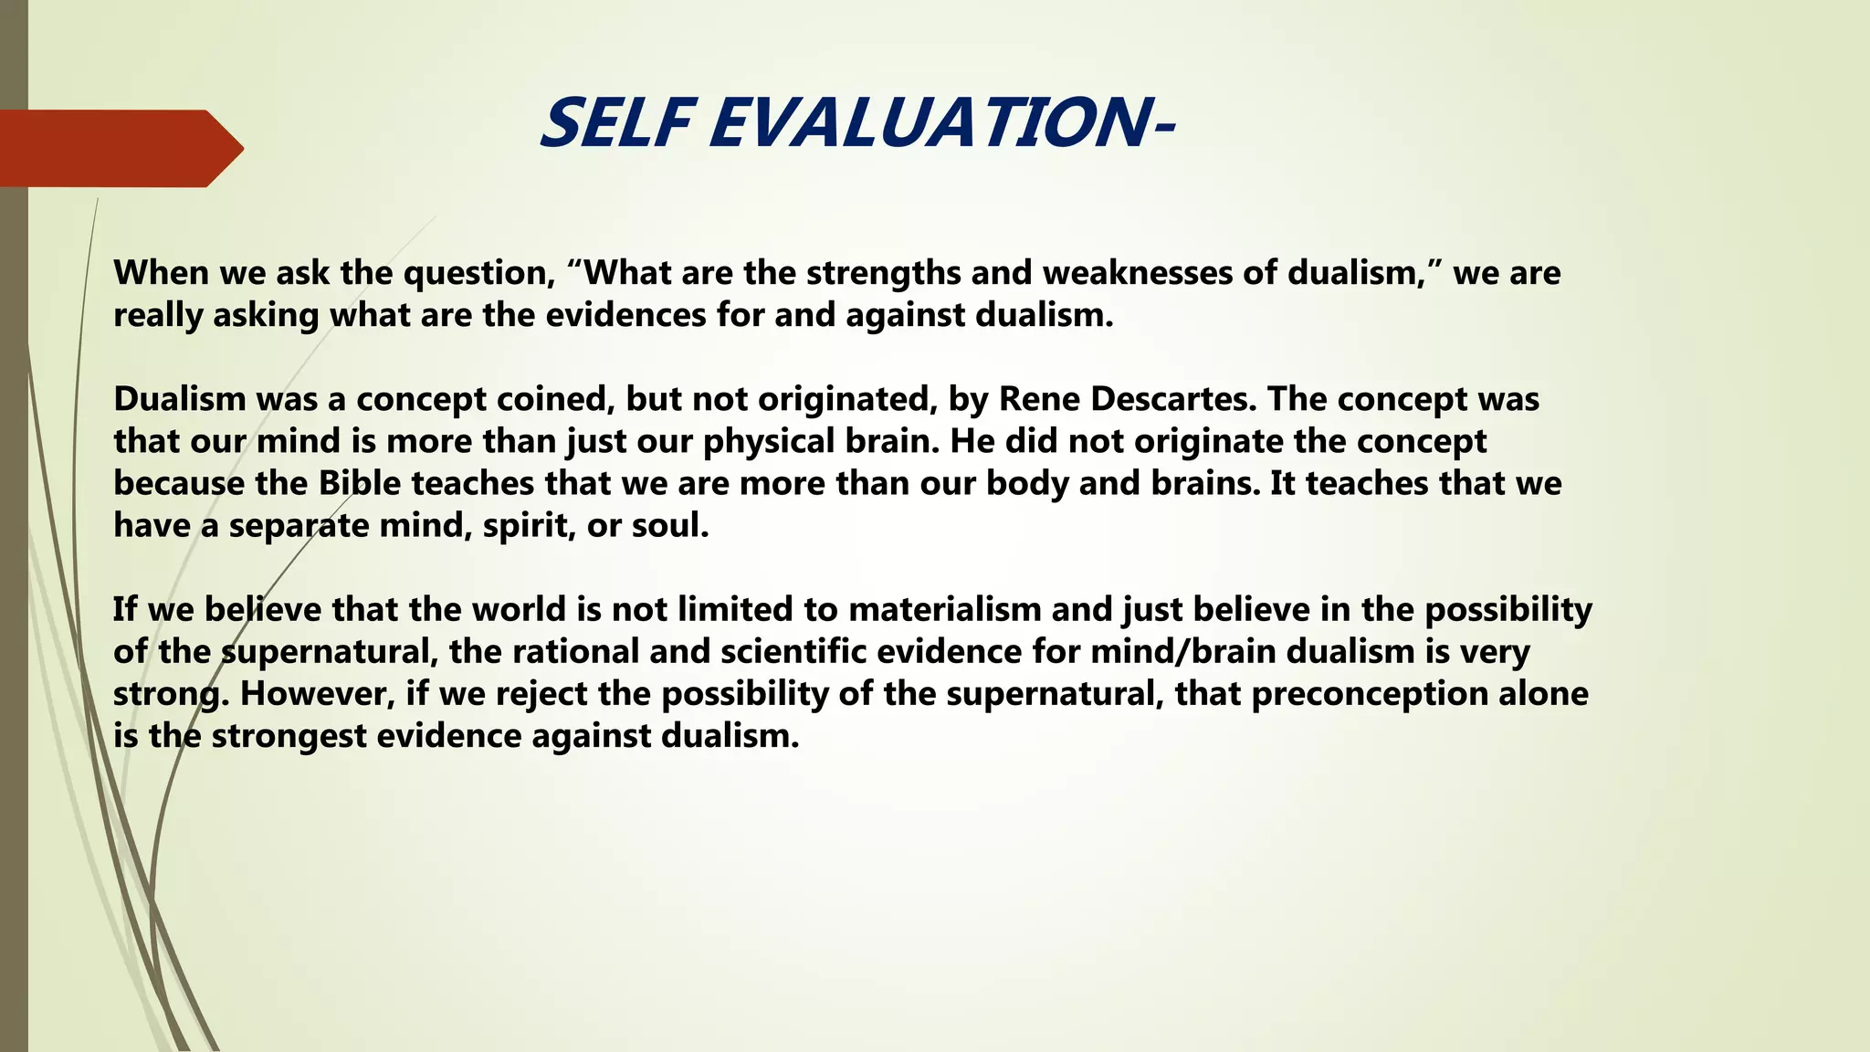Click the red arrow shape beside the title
click(119, 148)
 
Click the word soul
click(670, 525)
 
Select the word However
click(318, 693)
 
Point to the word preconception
click(1369, 693)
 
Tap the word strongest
click(289, 735)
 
